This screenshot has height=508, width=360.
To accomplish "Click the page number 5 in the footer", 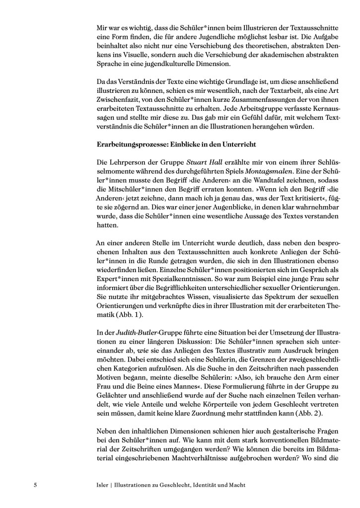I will click(35, 484).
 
